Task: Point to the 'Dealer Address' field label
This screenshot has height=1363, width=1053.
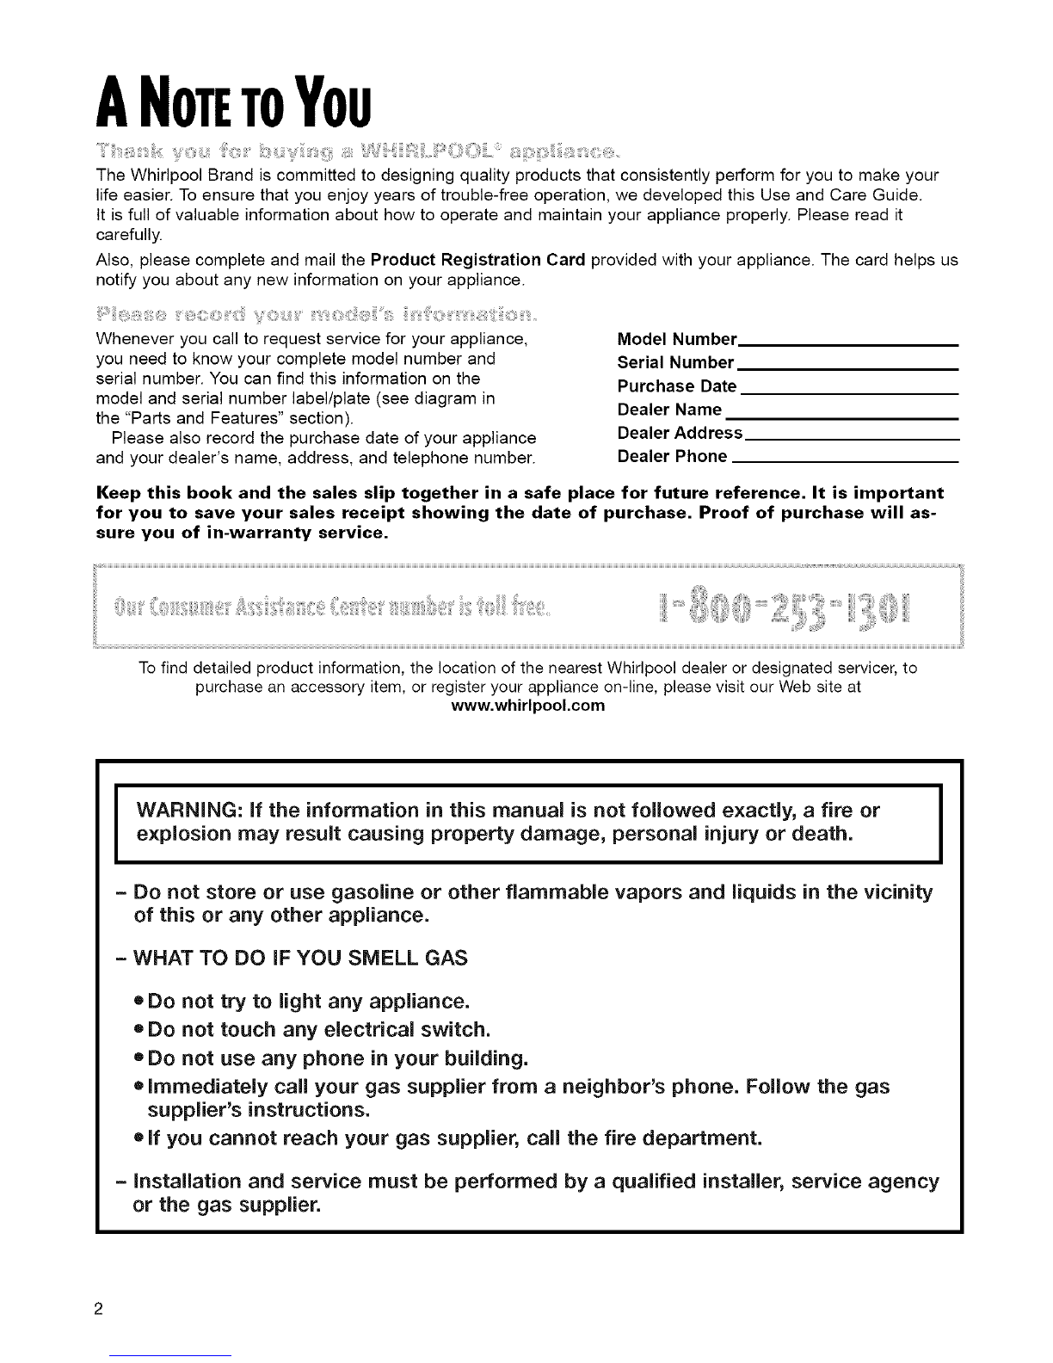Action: [680, 433]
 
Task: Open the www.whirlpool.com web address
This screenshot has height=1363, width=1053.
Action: [528, 706]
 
